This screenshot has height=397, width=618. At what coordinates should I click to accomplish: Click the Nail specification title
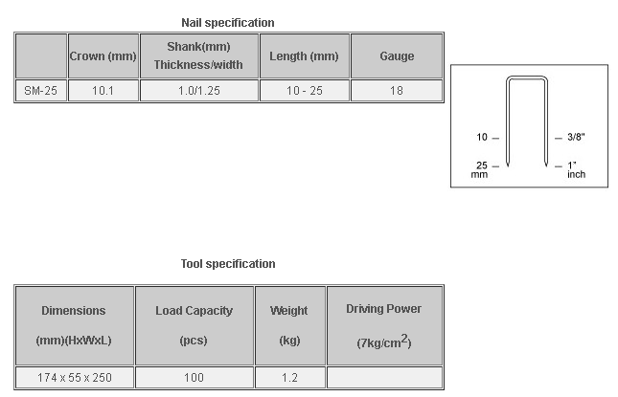click(228, 23)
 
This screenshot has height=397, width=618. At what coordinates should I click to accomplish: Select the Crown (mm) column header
click(103, 56)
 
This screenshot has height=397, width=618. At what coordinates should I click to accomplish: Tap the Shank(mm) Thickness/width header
click(198, 55)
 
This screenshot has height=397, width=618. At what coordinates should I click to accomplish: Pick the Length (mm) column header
click(304, 56)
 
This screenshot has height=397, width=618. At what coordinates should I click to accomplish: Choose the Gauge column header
click(397, 56)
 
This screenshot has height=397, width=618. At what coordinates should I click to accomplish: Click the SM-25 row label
click(40, 91)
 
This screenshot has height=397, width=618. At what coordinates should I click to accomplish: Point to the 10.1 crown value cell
click(103, 91)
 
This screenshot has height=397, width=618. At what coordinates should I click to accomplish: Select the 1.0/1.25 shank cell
click(199, 91)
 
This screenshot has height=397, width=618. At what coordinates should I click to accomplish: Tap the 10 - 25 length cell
click(305, 91)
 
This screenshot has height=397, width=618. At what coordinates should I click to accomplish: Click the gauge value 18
click(397, 91)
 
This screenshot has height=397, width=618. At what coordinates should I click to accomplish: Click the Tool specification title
click(228, 264)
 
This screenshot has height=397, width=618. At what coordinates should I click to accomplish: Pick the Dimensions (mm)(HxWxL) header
click(74, 325)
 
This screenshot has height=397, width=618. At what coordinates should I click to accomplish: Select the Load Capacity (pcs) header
click(194, 325)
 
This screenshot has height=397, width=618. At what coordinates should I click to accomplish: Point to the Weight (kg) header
click(289, 325)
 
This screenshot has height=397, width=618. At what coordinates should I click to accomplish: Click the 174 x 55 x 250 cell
click(75, 378)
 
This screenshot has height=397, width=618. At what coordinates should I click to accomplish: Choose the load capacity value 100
click(194, 378)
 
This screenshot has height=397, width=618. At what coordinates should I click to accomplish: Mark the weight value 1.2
click(289, 378)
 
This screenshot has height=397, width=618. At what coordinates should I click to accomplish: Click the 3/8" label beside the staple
click(576, 137)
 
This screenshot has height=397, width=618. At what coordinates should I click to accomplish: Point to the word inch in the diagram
click(576, 174)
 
